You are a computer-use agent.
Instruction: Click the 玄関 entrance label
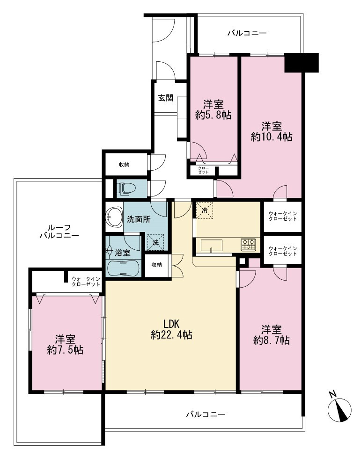pos(166,98)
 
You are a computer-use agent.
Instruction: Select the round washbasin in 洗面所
pos(114,217)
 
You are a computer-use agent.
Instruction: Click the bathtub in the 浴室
pos(124,268)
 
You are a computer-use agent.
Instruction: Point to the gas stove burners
pos(248,244)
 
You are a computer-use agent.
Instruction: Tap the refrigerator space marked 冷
pos(205,210)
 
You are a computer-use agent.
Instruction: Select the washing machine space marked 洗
pos(156,242)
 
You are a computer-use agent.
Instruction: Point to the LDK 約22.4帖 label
pos(171,329)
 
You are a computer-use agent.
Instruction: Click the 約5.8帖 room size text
pos(214,115)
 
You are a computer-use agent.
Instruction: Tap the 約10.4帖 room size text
pos(272,137)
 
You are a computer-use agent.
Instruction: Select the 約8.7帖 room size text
pos(271,340)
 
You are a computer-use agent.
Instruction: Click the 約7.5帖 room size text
pos(65,349)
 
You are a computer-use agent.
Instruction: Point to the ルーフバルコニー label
pos(59,231)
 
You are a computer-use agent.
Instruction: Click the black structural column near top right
pos(302,63)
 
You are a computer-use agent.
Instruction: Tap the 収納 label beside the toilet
pos(124,165)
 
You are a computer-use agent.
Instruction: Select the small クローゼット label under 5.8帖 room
pos(203,170)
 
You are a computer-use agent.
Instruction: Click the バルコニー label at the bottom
pos(206,414)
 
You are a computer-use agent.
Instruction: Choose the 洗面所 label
pos(139,219)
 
